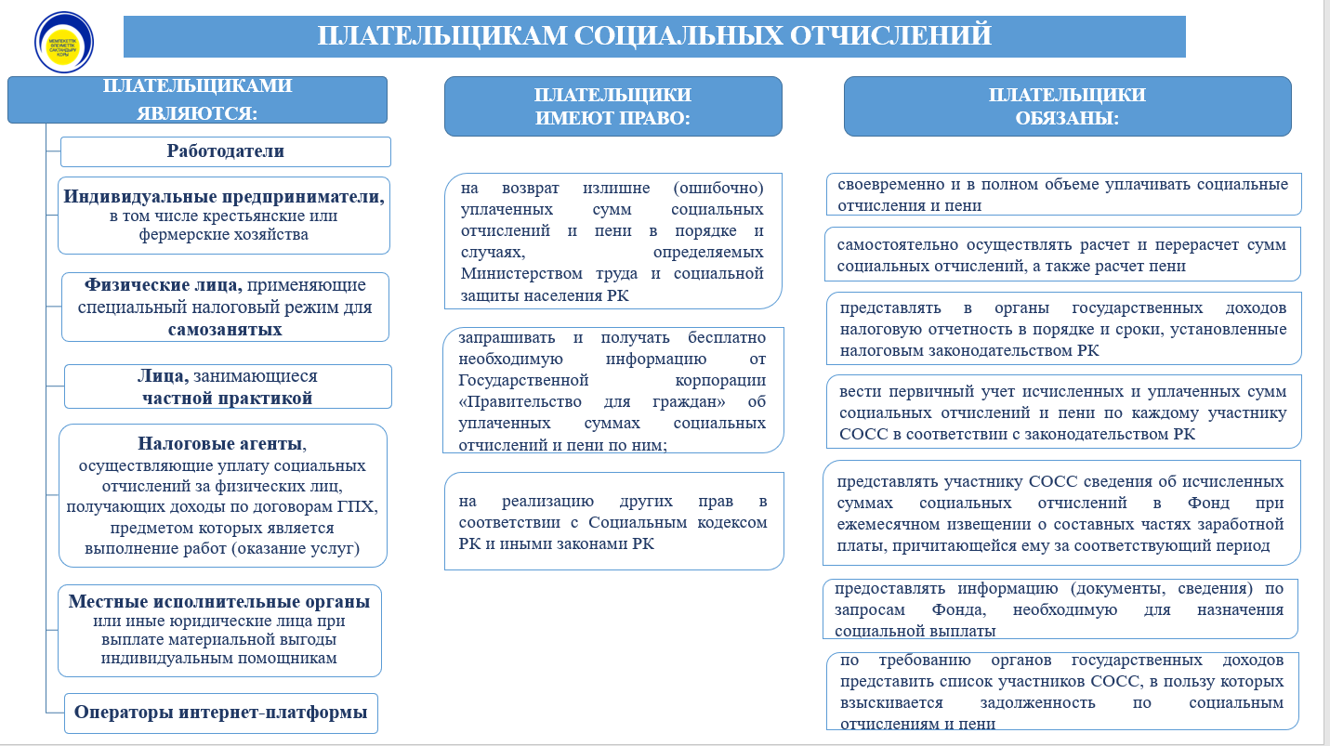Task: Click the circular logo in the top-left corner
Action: pos(64,41)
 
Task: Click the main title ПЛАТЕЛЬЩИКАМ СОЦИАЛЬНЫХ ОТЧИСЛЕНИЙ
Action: pos(654,35)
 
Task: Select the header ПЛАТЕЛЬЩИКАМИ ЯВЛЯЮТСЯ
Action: pos(197,99)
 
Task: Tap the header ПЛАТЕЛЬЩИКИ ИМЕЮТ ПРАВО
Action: pos(612,107)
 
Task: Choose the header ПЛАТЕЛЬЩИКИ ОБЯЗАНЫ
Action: pos(1067,107)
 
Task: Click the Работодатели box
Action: pos(226,151)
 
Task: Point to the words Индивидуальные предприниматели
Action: pos(224,197)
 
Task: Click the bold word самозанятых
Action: pos(225,330)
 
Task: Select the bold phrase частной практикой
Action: pos(227,399)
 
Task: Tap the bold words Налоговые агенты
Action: pos(220,443)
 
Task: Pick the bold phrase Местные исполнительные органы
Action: pos(219,601)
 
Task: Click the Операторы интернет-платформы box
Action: pos(221,713)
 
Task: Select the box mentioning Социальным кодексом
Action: pos(613,521)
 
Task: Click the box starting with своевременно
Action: pos(1062,194)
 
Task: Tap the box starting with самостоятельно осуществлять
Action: pos(1061,255)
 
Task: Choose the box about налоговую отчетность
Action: pos(1062,329)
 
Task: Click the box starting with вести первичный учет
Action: pos(1062,412)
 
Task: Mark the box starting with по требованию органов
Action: pos(1061,691)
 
